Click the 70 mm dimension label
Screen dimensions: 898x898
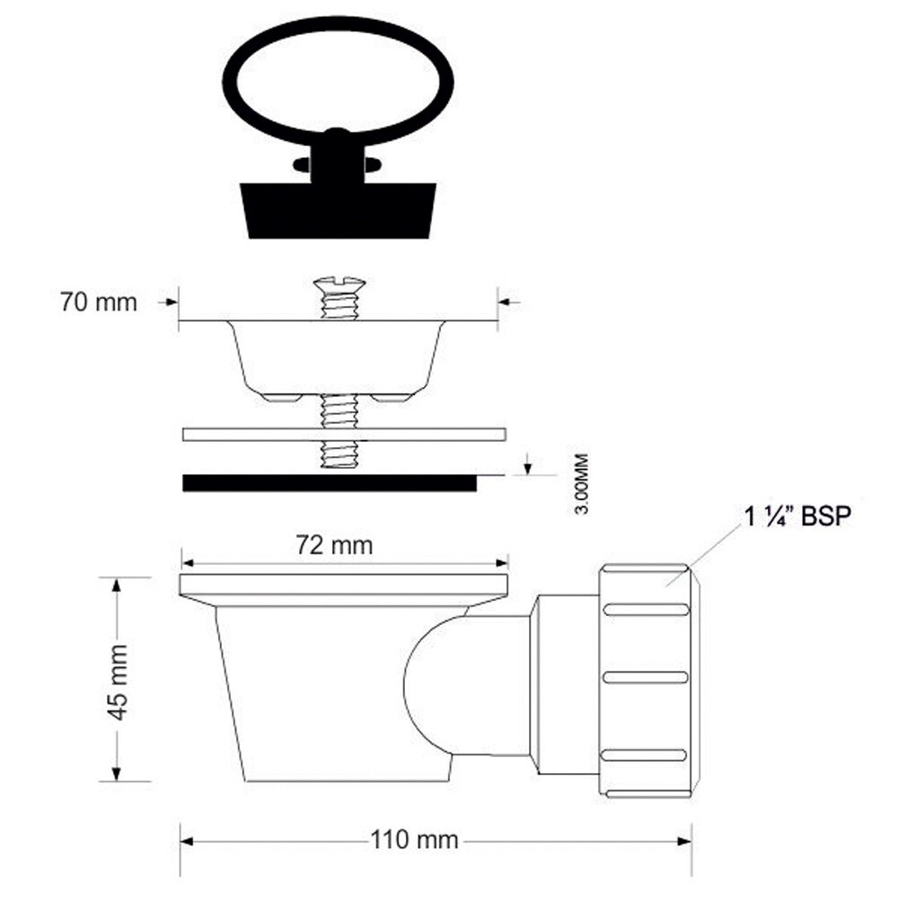99,303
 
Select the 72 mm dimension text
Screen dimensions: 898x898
334,545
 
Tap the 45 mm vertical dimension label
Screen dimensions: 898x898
119,682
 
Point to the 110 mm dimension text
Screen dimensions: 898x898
414,841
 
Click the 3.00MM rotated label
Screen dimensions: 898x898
581,484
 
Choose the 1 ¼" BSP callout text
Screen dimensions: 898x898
797,517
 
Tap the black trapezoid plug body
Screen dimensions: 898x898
338,210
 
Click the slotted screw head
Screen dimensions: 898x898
339,284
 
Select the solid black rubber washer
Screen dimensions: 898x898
330,483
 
